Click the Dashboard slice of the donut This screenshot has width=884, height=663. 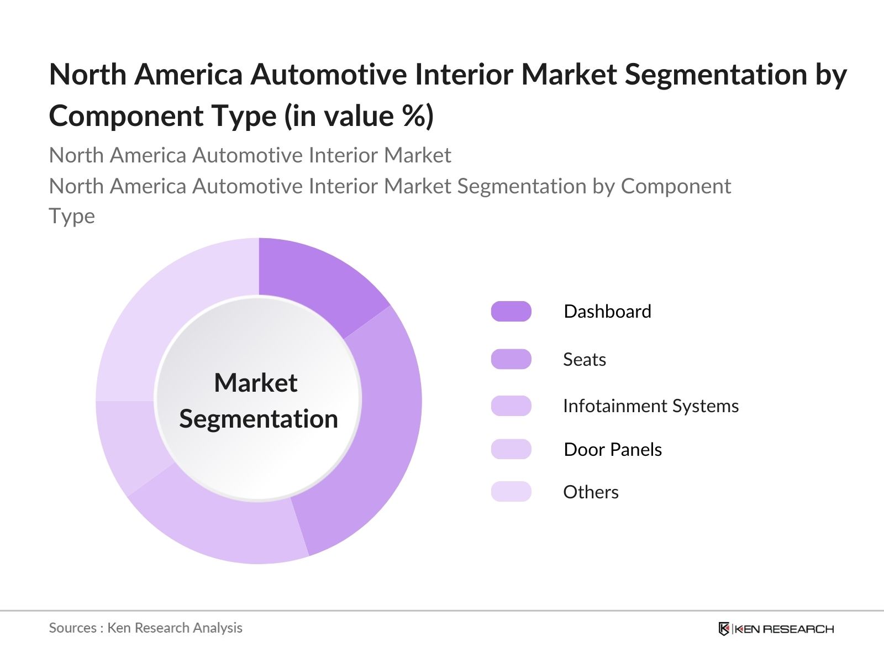[315, 282]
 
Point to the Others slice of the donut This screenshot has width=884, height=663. [166, 309]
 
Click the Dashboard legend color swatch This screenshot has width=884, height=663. [511, 312]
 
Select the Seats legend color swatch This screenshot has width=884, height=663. [511, 359]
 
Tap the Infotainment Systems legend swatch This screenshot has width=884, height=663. [511, 406]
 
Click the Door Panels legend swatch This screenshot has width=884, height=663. [511, 449]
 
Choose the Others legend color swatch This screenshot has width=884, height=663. [511, 492]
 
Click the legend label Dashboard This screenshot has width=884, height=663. [607, 312]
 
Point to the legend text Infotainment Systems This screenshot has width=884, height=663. [650, 406]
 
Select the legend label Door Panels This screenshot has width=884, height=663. [612, 449]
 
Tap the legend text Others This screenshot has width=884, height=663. [591, 492]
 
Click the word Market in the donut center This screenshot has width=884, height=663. [256, 383]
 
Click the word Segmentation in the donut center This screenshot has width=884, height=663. [259, 419]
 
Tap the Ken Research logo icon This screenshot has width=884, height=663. [724, 629]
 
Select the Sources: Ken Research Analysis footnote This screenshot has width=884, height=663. [145, 628]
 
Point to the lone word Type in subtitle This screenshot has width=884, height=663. [72, 216]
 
